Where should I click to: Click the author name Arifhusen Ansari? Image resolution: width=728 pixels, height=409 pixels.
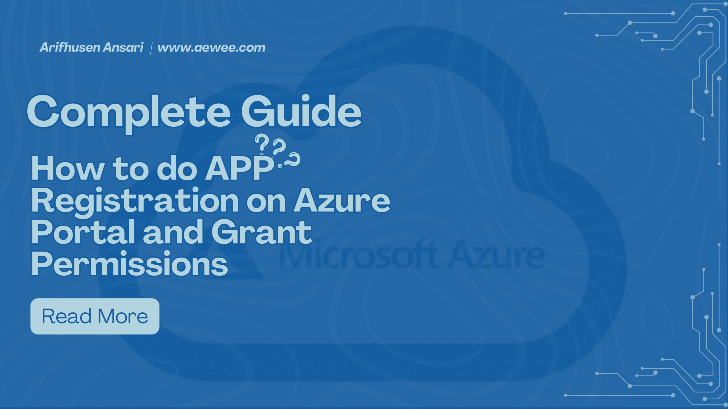pos(92,47)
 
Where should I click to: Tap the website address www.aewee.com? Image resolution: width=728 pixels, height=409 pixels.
pos(211,48)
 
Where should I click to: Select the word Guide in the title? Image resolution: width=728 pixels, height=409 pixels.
pos(301,111)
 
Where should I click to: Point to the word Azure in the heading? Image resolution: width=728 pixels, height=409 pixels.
pos(342,200)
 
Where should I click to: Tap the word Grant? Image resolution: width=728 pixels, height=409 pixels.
pos(262,232)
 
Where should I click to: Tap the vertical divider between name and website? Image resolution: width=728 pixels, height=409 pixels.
pos(151,48)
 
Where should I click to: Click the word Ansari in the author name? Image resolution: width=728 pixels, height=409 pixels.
pos(123,47)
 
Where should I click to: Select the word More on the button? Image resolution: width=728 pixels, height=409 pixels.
pos(123,316)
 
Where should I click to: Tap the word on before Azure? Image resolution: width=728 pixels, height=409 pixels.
pos(266,203)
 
